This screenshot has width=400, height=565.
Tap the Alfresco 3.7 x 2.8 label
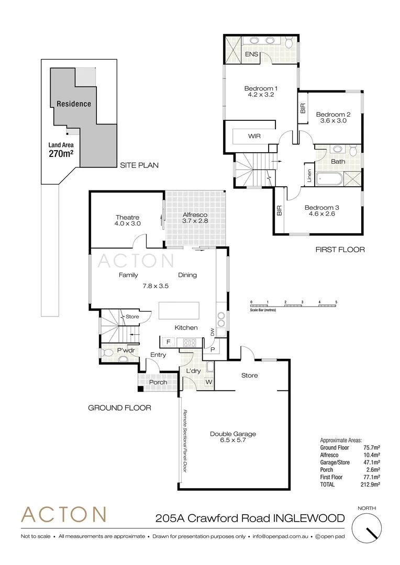coord(195,218)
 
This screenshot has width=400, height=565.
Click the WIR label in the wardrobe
coord(254,136)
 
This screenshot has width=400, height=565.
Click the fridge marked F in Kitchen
coord(168,342)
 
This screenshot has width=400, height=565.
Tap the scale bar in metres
coord(294,304)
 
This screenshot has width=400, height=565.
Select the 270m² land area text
coord(61,154)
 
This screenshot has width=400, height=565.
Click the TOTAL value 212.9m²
coord(371,484)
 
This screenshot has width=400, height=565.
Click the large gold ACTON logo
coord(64,515)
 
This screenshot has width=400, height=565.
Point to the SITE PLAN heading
coord(139,165)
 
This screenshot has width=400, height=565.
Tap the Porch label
coord(158,382)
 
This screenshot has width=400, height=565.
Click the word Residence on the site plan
coord(74,104)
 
